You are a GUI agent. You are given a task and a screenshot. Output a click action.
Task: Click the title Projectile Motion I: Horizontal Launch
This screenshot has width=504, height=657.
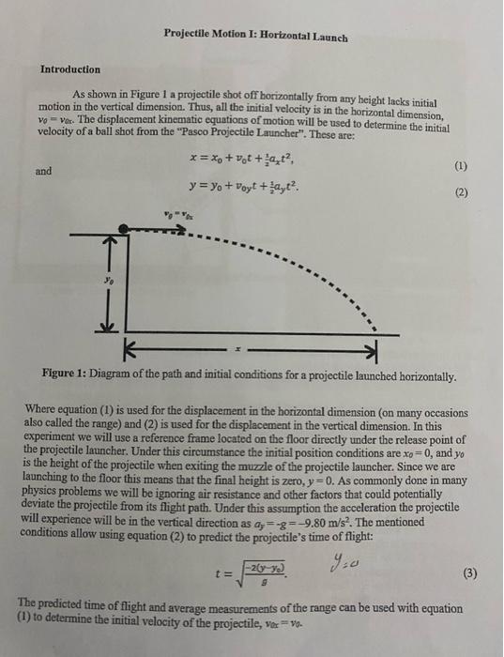tap(254, 37)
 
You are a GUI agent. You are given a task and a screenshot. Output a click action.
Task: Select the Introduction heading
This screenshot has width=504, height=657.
tap(70, 69)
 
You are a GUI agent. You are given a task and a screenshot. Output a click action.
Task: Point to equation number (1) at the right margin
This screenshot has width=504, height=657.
tap(459, 167)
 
